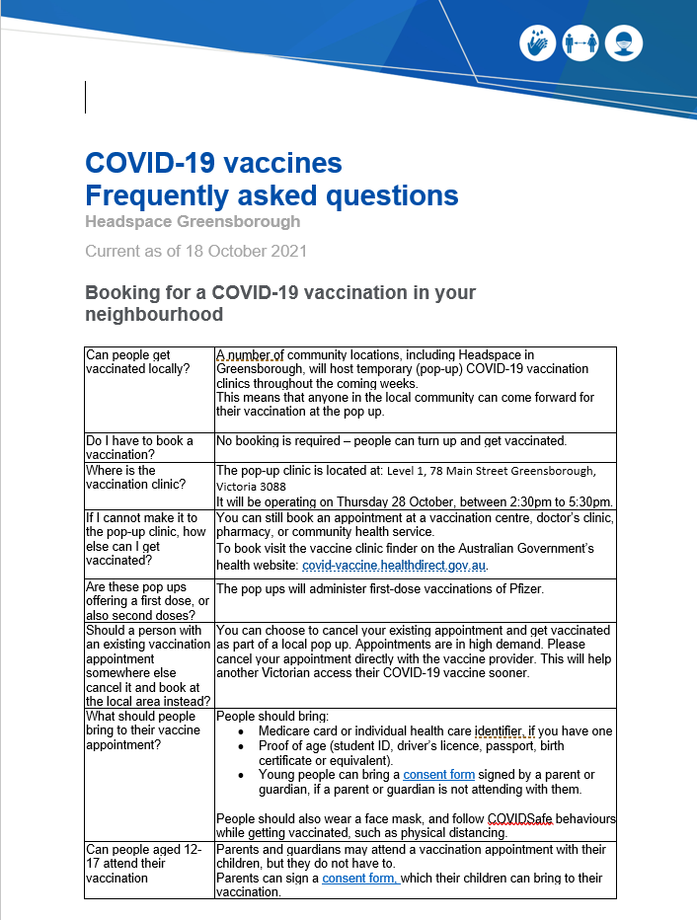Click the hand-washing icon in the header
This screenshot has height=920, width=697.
[537, 42]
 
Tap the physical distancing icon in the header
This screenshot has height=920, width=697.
[581, 42]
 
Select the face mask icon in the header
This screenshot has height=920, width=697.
[626, 42]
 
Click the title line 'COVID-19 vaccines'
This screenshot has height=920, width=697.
[213, 163]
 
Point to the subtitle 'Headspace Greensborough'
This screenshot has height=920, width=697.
[193, 221]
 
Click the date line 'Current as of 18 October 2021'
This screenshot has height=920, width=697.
[195, 251]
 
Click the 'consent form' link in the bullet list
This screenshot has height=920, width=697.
[438, 775]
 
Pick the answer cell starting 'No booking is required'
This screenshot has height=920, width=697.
[391, 440]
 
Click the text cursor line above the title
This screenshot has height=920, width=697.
[86, 97]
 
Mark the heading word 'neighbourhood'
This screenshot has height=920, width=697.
[154, 315]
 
